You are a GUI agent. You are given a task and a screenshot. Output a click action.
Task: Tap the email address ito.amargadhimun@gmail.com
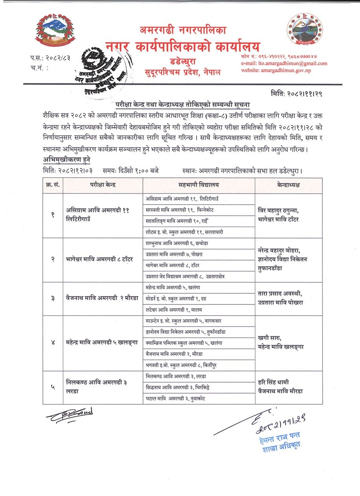coord(284,63)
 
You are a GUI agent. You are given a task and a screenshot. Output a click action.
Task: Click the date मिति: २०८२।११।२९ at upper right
coord(299,94)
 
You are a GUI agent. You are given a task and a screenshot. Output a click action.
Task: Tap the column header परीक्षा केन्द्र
coord(103,185)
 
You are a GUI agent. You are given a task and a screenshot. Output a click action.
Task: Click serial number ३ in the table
coord(53,299)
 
